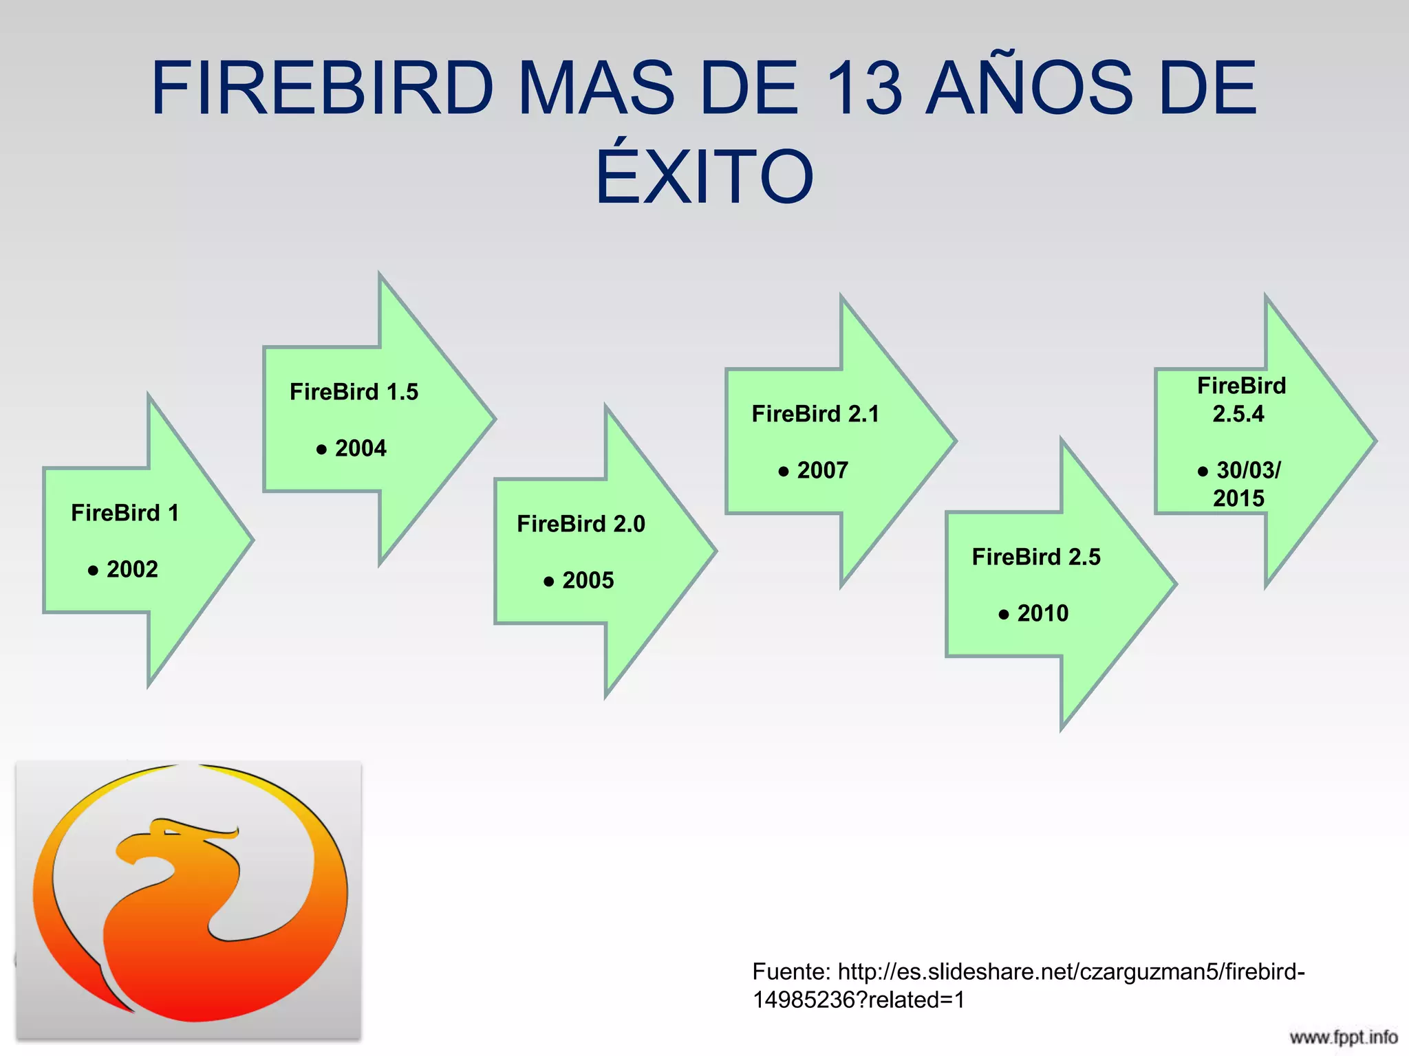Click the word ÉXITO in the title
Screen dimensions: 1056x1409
[704, 177]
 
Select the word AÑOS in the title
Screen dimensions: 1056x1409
[1029, 89]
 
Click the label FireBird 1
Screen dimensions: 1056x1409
[125, 513]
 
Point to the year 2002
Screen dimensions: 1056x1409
[132, 569]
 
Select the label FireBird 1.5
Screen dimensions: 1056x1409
[354, 392]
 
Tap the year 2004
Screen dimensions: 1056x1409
[361, 448]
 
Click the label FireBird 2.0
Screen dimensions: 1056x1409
[581, 524]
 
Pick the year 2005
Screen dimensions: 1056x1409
[588, 580]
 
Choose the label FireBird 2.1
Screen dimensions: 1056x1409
[815, 414]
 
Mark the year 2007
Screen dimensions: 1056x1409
[822, 470]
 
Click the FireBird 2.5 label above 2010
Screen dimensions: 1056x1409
[1036, 557]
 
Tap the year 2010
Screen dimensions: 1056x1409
[1043, 613]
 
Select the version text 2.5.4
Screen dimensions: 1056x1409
[1238, 414]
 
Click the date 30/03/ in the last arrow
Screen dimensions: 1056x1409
[1248, 470]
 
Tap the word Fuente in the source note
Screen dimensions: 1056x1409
[791, 971]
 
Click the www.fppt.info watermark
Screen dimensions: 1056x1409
[1343, 1037]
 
